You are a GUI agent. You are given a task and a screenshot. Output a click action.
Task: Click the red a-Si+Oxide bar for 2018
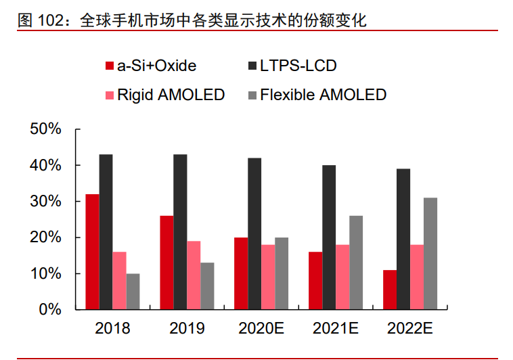point(92,252)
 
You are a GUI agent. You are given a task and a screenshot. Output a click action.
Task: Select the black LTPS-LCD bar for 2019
point(180,232)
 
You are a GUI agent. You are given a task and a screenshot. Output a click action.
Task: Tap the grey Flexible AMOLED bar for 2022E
point(430,254)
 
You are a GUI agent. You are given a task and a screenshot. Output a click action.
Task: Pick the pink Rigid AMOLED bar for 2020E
point(268,277)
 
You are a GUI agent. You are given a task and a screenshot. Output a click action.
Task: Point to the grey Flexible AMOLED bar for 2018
point(133,292)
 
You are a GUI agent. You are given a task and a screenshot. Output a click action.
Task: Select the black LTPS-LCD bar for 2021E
point(329,238)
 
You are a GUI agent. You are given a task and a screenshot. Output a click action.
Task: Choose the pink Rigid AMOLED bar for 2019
point(194,275)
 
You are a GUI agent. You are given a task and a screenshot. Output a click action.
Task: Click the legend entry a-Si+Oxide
point(156,66)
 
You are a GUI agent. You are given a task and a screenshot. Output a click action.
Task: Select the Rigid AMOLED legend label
point(171,95)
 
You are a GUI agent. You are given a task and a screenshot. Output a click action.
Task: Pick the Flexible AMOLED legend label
point(323,95)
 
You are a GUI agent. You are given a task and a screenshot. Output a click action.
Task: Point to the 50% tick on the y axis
point(46,129)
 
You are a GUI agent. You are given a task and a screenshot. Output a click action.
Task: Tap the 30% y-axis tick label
point(46,202)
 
